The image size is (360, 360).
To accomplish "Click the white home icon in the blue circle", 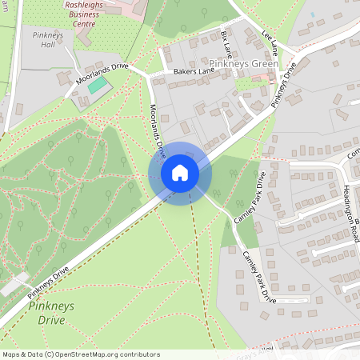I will click(180, 173).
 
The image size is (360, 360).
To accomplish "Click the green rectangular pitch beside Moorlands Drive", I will click(98, 84).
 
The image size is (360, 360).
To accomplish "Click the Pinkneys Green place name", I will click(243, 63).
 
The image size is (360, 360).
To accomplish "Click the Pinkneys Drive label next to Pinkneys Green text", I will click(286, 83).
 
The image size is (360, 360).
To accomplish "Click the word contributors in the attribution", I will click(140, 354).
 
